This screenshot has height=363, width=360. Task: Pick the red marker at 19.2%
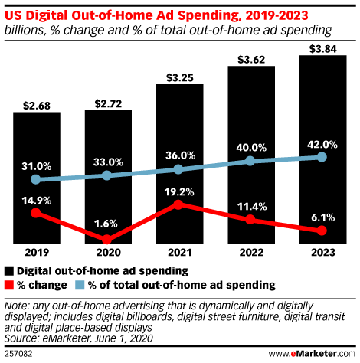pos(178,204)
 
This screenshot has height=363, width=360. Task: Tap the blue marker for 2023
pos(322,157)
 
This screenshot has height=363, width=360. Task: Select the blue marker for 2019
pos(35,180)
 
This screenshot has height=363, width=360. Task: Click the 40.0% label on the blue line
pos(250,148)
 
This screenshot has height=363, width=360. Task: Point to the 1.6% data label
pos(106,224)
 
